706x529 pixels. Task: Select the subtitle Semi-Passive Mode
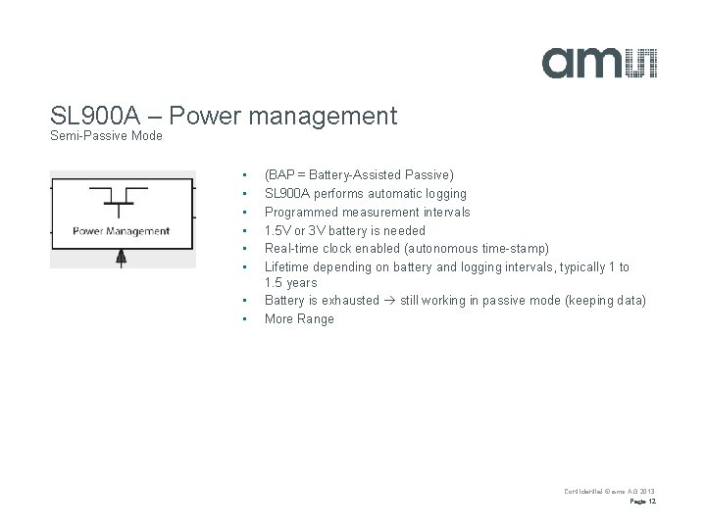pos(105,135)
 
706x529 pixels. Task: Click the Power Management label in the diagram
pos(122,231)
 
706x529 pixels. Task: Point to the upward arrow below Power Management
pos(121,256)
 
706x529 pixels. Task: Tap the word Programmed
pos(299,212)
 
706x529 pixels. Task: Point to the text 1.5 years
pos(291,282)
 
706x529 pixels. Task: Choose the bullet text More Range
pos(299,318)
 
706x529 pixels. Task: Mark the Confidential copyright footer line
pos(609,490)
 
